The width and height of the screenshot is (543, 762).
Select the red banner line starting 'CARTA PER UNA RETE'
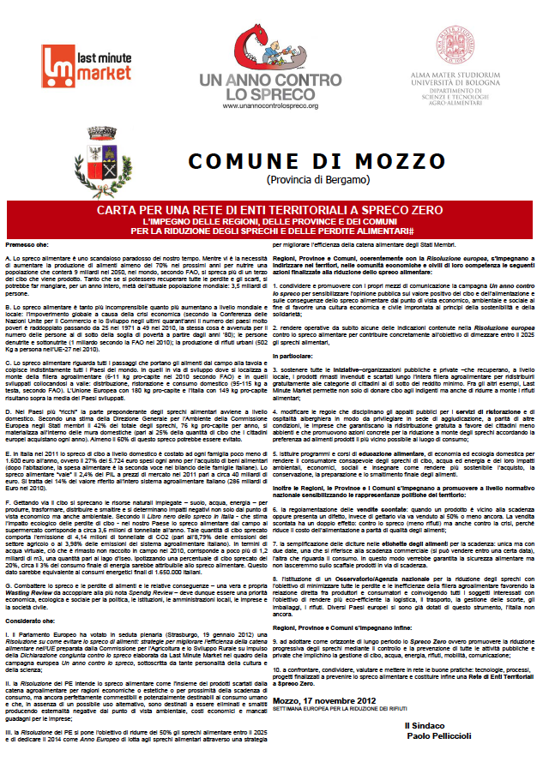point(270,210)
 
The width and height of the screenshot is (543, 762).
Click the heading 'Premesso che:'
point(26,244)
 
